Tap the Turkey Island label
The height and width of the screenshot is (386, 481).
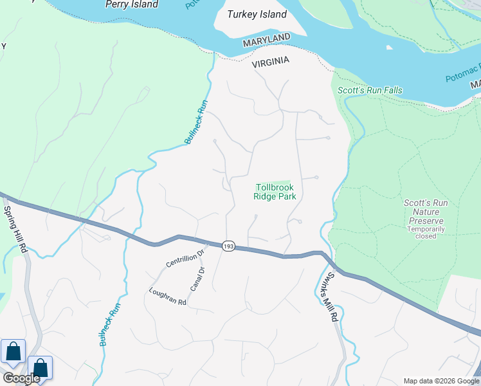point(257,15)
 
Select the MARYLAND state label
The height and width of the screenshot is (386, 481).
point(266,41)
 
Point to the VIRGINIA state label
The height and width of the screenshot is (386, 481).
point(270,62)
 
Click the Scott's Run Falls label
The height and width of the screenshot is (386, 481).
point(370,90)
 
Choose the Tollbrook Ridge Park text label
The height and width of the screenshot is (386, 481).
point(275,192)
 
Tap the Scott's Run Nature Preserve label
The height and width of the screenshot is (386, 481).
point(422,212)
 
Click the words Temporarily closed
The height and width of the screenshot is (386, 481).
point(422,232)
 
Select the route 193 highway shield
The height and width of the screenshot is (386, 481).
point(228,246)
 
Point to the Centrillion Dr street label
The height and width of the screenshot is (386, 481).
point(185,257)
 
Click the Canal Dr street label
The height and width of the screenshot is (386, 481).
point(197,278)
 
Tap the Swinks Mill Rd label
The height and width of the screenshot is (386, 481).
point(329,296)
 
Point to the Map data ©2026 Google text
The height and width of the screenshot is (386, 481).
point(442,381)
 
